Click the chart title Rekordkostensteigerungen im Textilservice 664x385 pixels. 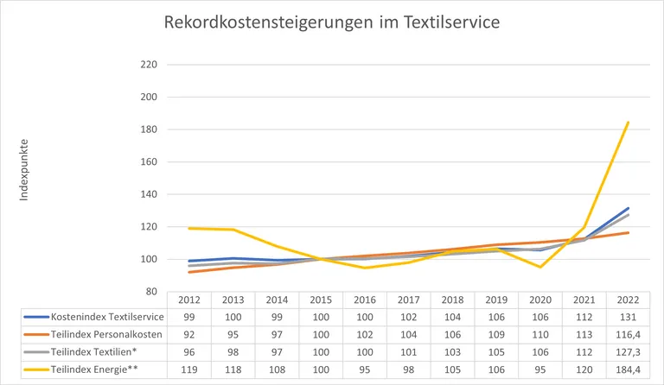(332, 22)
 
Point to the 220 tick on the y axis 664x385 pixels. (148, 65)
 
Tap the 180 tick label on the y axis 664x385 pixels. (148, 129)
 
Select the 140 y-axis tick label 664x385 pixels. (148, 194)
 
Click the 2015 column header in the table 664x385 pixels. (321, 300)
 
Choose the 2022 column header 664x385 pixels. (628, 300)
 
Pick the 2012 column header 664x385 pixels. (189, 300)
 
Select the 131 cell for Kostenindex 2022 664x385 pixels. (628, 317)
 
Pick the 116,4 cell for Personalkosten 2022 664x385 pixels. (628, 333)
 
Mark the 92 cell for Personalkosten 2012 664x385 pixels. (189, 333)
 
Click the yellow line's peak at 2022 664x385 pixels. (628, 123)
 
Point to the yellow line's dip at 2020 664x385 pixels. (540, 267)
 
